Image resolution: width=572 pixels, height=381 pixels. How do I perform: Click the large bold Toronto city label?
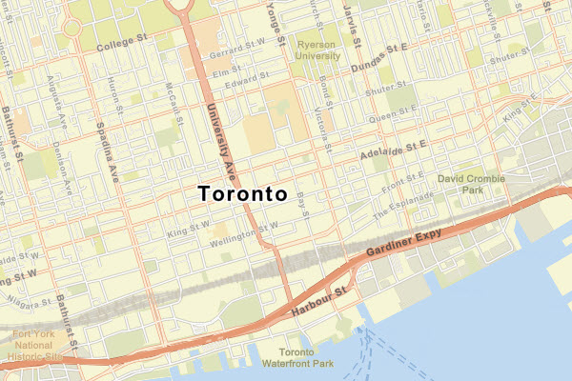click(243, 193)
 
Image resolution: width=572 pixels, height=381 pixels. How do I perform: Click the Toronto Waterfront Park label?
click(299, 358)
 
